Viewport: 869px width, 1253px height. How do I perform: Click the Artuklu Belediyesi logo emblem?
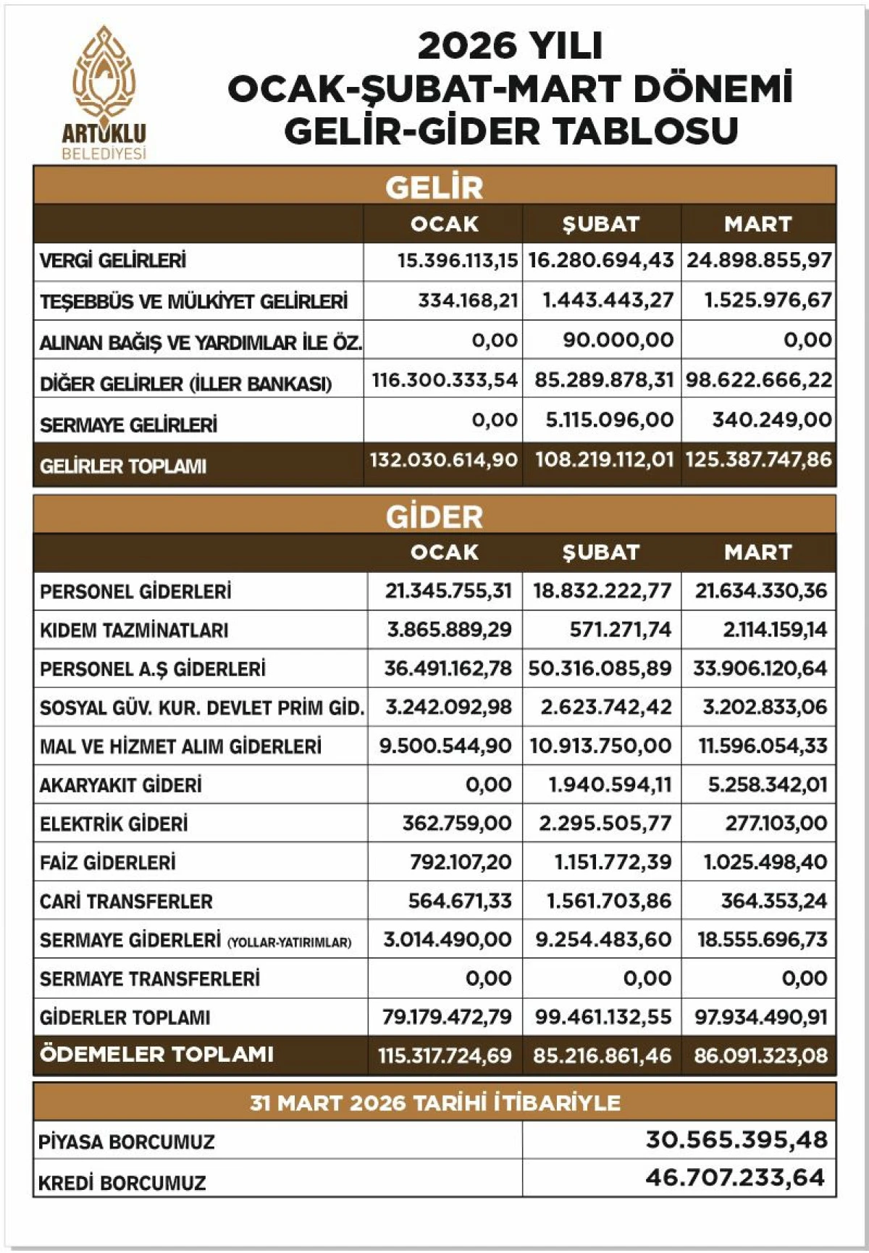point(104,75)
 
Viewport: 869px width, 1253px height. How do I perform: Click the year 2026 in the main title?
point(460,46)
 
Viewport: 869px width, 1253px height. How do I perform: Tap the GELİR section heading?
point(434,187)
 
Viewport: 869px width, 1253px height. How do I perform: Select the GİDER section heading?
point(434,516)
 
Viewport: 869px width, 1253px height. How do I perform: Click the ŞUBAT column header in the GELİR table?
point(601,224)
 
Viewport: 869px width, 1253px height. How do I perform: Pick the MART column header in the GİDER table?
point(757,553)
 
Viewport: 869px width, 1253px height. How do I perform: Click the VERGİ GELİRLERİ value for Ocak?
point(458,260)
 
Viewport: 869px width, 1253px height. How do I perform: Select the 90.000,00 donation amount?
point(618,340)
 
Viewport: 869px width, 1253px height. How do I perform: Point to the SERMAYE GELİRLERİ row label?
point(128,425)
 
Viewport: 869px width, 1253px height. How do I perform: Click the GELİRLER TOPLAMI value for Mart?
point(758,460)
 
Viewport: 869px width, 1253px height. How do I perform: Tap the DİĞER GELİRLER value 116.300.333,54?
point(445,380)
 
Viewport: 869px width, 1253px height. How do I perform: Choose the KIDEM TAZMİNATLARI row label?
point(134,630)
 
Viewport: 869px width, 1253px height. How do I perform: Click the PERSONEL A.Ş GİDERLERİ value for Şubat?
point(600,668)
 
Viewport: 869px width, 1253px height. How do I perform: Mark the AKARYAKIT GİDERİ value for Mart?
point(767,785)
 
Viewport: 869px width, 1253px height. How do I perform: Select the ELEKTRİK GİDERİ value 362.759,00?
point(457,824)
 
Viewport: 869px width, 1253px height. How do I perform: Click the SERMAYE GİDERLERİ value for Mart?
point(762,940)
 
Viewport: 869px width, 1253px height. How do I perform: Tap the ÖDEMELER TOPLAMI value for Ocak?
point(445,1056)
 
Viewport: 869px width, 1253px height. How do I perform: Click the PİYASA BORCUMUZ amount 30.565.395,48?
point(736,1140)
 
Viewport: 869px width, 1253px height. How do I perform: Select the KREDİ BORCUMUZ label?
point(122,1183)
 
